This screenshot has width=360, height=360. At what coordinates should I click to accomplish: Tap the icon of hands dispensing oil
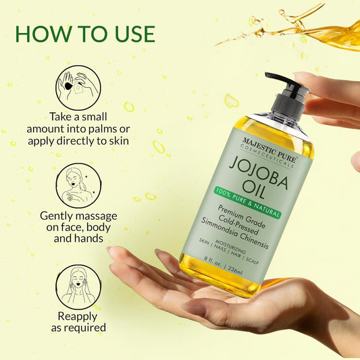[78, 87]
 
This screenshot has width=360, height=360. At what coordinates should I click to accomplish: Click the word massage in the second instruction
[109, 215]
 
